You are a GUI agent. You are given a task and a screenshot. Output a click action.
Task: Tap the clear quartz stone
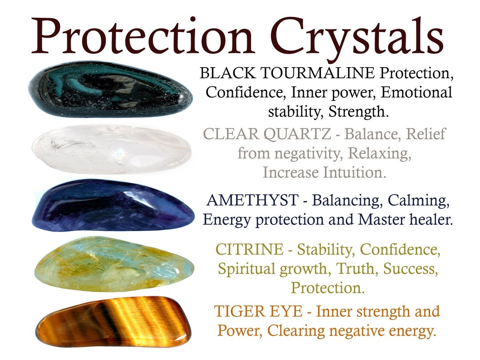pos(111,149)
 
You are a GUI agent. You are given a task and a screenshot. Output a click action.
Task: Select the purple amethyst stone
pos(113,205)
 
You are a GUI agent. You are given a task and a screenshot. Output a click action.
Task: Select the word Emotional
pos(416,92)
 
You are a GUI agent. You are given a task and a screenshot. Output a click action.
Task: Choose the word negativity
pos(310,153)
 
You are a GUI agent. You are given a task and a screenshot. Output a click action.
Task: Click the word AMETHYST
pos(252,200)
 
